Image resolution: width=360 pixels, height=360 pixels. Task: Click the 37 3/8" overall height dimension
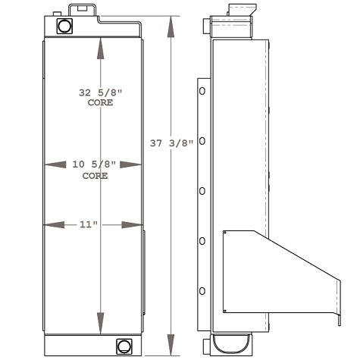click(172, 142)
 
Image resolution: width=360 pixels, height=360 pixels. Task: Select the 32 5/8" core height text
click(101, 92)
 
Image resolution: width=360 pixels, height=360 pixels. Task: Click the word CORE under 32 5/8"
click(101, 102)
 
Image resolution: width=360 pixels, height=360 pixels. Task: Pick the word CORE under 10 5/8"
click(95, 175)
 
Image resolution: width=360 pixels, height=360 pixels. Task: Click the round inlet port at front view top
click(64, 26)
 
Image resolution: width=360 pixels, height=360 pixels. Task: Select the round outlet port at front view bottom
click(122, 347)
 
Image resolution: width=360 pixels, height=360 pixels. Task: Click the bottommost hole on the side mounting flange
click(202, 291)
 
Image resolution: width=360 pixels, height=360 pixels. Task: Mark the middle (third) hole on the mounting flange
click(202, 191)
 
